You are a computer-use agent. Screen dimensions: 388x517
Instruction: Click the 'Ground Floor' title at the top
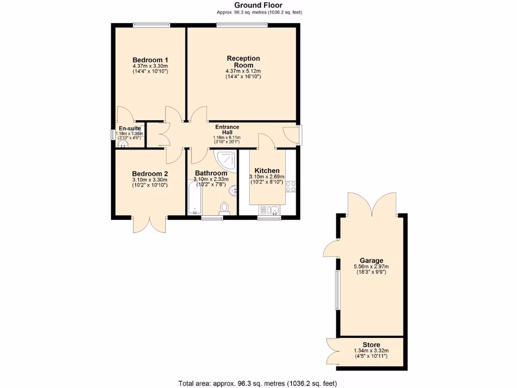pos(258,5)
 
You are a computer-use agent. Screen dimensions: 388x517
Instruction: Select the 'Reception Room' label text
pos(243,62)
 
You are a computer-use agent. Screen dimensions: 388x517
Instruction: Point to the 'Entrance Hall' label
pos(227,130)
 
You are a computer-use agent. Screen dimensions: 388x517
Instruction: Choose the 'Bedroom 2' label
pos(150,173)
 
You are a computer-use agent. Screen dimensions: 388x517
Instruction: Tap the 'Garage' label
pos(372,261)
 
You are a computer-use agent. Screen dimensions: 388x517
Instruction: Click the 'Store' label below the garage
pos(372,345)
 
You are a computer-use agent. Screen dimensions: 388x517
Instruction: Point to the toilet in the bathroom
pos(225,208)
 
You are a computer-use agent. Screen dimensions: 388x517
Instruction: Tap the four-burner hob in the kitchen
pos(290,186)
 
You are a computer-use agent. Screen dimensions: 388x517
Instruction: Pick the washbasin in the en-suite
pos(123,143)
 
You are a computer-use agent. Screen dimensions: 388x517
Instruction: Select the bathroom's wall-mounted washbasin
pos(233,190)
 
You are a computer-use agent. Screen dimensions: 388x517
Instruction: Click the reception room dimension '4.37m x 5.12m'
pos(243,71)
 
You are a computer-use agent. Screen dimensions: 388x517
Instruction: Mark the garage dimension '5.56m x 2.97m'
pos(372,267)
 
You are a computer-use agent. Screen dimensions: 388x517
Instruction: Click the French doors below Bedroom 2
pos(150,224)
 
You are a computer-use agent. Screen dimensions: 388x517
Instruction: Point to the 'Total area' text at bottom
pos(258,383)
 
